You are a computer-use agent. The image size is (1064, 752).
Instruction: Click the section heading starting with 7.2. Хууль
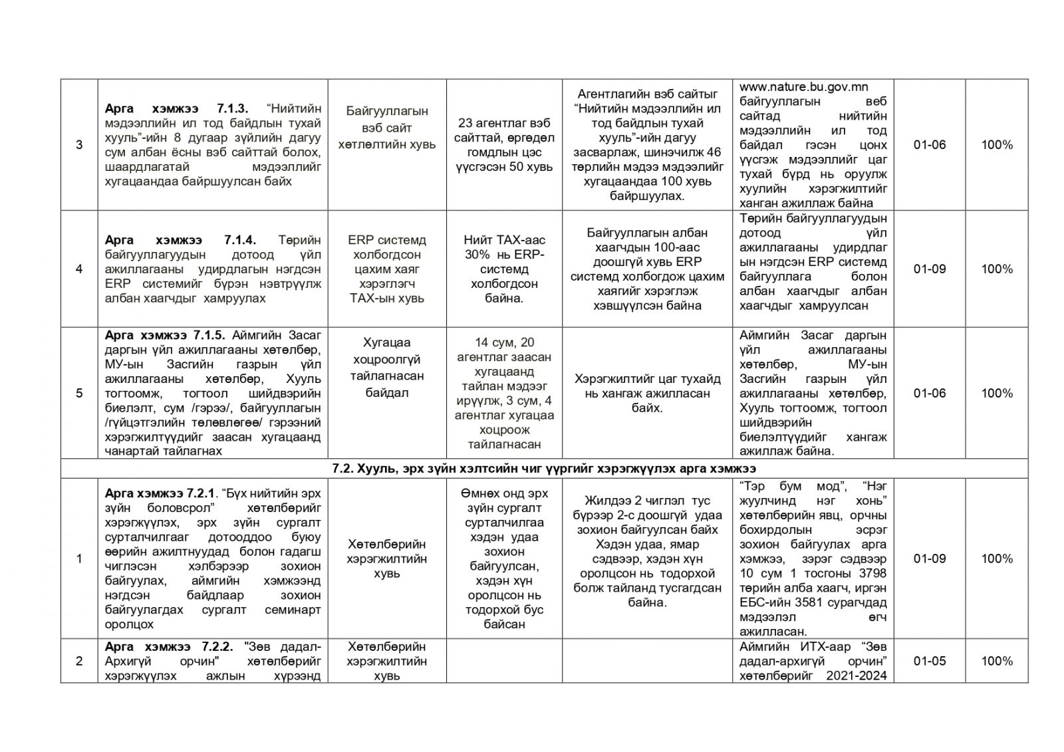[x=543, y=469]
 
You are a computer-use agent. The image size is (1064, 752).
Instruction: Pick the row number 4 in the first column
[x=79, y=269]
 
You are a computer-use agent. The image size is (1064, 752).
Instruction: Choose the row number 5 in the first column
[x=79, y=393]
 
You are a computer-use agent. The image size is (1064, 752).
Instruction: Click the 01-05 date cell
[x=929, y=661]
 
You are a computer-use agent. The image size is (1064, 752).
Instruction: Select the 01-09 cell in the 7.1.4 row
[x=929, y=269]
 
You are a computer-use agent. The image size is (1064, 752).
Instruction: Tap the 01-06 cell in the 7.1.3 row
[x=929, y=145]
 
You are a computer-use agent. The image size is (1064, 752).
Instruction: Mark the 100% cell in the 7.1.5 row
[x=996, y=393]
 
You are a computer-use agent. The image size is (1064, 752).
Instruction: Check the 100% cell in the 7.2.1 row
[x=996, y=559]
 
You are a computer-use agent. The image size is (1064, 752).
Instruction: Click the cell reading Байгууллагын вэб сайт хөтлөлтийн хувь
[x=386, y=128]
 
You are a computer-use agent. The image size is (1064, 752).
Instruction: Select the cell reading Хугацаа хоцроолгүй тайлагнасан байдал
[x=386, y=368]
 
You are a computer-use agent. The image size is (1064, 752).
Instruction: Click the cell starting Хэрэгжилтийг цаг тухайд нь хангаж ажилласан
[x=647, y=393]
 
